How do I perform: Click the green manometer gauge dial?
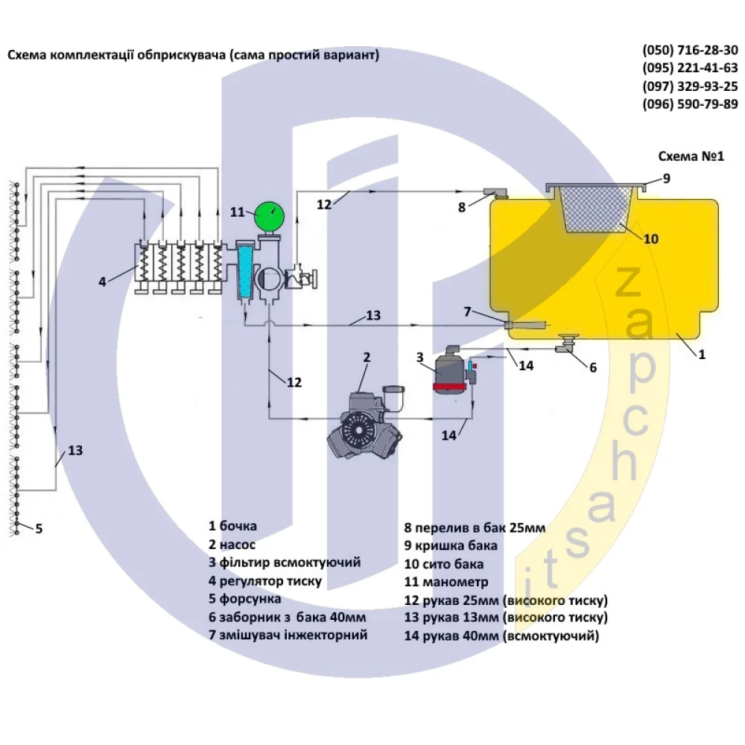[267, 217]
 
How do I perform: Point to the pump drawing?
[365, 428]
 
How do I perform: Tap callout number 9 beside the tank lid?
[667, 178]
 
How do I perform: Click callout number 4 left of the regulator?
[103, 282]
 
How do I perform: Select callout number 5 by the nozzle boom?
[39, 529]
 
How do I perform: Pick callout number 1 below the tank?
[700, 355]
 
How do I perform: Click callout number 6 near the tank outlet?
[593, 367]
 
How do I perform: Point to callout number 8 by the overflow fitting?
[462, 207]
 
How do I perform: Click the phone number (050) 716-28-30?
[690, 51]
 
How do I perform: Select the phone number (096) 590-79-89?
[690, 104]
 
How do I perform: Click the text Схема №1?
[691, 157]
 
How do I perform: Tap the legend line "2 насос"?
[232, 545]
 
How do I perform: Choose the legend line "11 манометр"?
[446, 582]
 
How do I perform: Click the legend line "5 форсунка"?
[245, 599]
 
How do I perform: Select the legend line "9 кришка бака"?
[451, 546]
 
